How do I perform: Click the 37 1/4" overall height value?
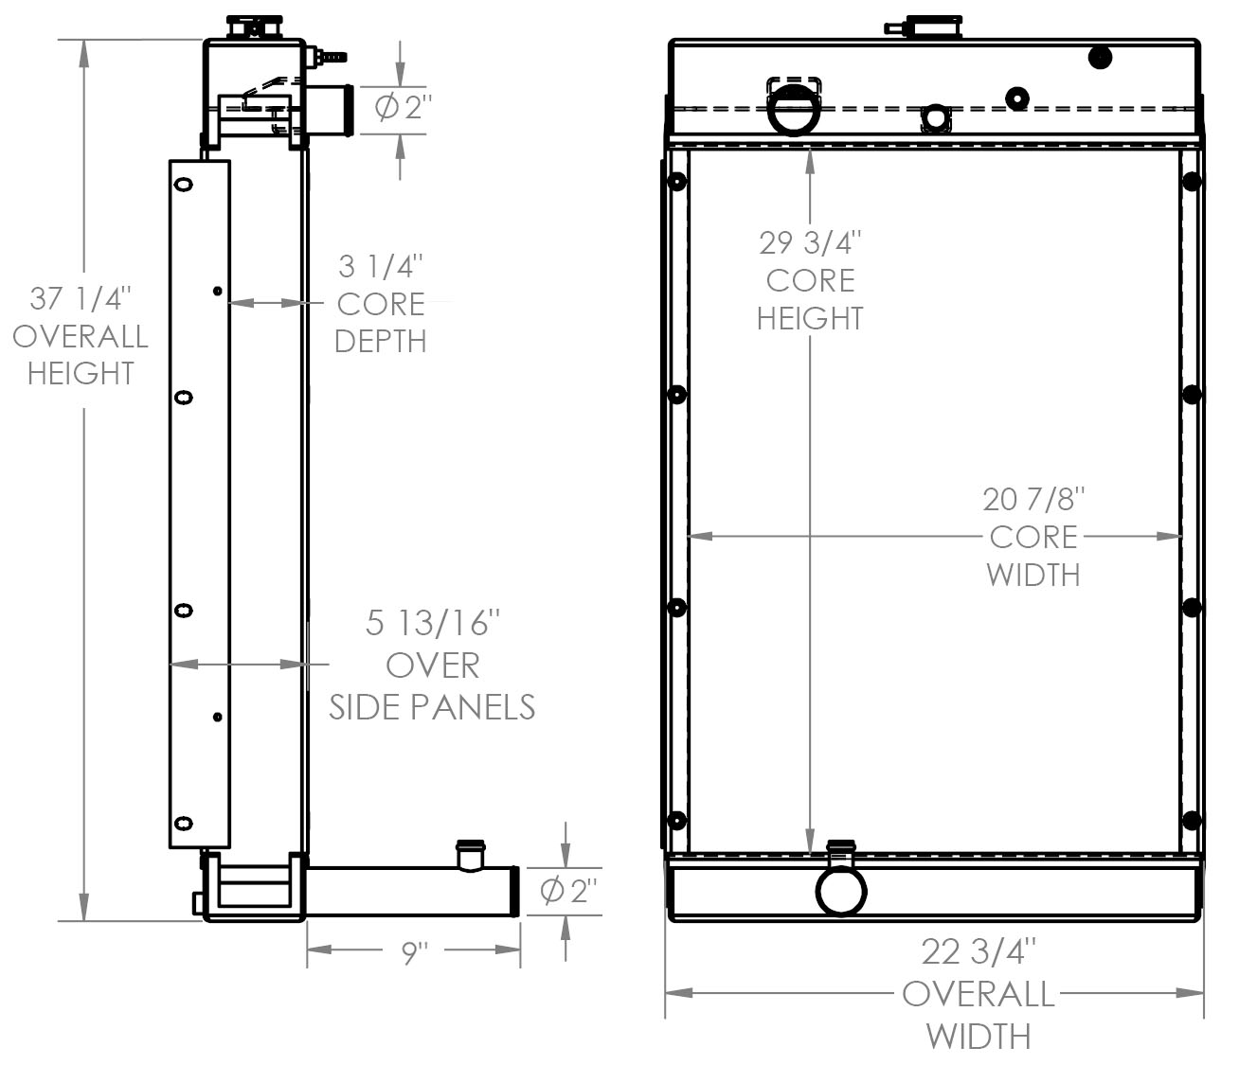pos(81,299)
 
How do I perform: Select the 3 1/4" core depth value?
pos(381,267)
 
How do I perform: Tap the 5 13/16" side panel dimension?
pos(432,623)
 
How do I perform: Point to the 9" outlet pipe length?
pos(414,952)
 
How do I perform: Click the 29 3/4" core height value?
pos(810,242)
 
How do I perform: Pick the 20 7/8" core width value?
pos(1032,499)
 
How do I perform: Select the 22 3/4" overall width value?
pos(979,950)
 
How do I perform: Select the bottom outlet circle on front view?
pos(841,891)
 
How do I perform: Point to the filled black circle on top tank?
pos(1099,58)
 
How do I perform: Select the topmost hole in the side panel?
pos(183,185)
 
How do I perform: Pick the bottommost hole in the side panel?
pos(183,824)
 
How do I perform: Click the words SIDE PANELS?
pos(432,707)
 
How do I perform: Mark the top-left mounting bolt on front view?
pos(676,182)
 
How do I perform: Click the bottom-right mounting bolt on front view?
pos(1192,820)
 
